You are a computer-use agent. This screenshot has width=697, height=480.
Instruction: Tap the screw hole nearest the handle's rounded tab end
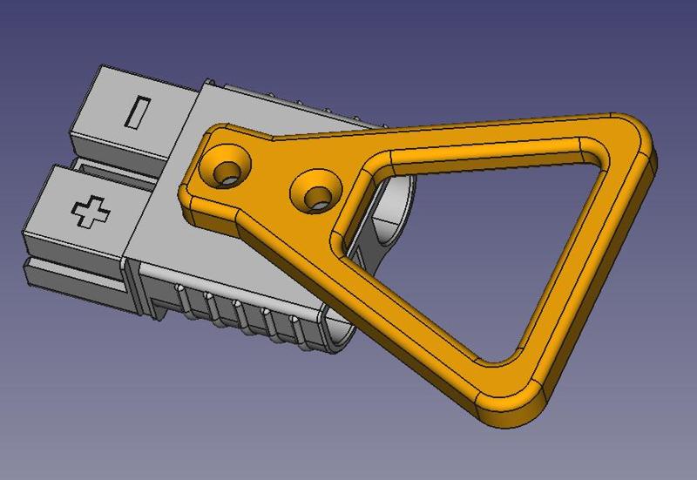pos(226,166)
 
